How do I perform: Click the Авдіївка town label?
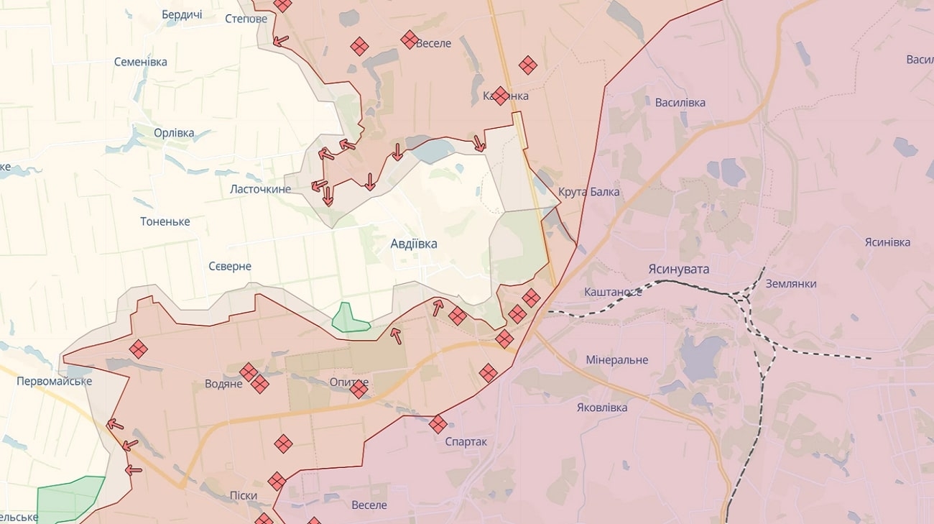pos(413,244)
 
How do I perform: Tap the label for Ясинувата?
pos(678,269)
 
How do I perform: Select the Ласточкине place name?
pos(260,189)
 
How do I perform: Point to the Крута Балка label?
pos(588,192)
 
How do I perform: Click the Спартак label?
pos(466,441)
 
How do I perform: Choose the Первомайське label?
pos(54,381)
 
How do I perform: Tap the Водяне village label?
pos(223,384)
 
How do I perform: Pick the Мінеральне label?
pos(616,359)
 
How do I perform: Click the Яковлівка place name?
pos(601,408)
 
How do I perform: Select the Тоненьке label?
pos(165,221)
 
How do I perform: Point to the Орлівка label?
pos(174,133)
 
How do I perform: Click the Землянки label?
pos(790,283)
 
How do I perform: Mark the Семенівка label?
pos(140,62)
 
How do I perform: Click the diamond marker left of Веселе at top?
pos(410,40)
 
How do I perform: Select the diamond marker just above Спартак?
pos(438,424)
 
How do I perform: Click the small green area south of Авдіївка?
pos(348,318)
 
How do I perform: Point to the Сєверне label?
pos(230,266)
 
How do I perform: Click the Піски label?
pos(243,495)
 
